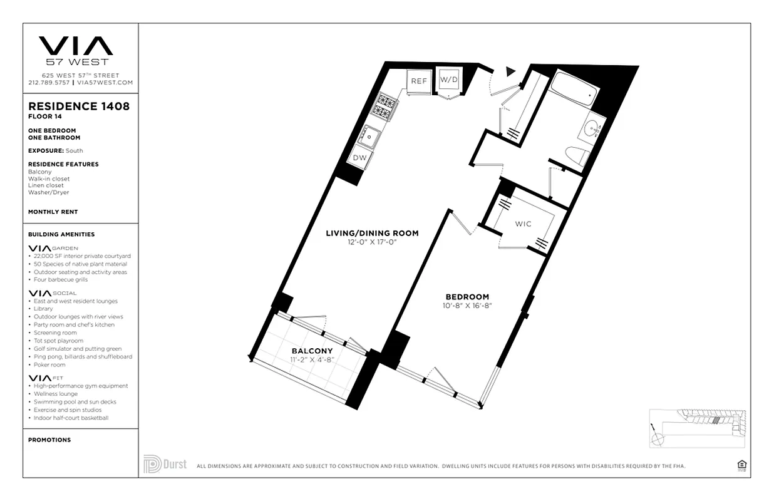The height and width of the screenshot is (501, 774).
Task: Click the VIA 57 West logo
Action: click(x=76, y=50)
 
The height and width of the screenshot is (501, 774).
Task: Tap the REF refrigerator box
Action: click(x=419, y=81)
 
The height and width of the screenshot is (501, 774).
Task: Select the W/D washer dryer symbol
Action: click(x=448, y=80)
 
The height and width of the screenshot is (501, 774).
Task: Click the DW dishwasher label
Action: click(x=359, y=158)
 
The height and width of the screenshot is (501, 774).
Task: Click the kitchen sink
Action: click(x=369, y=135)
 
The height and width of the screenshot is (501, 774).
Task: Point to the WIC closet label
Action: click(x=523, y=224)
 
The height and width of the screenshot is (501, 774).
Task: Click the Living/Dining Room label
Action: click(x=372, y=234)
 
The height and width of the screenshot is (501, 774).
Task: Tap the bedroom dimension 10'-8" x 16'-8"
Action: click(x=467, y=306)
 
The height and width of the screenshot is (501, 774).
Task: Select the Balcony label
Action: click(x=312, y=351)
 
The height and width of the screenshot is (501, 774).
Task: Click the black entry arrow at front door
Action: click(x=510, y=71)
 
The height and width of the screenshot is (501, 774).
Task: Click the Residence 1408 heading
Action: click(x=79, y=106)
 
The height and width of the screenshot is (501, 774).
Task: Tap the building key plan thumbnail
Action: click(x=697, y=428)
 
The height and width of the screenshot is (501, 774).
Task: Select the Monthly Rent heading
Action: click(x=53, y=212)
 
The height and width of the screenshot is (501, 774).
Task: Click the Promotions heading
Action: click(x=49, y=440)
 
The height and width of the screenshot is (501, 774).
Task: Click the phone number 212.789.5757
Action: click(x=49, y=83)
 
